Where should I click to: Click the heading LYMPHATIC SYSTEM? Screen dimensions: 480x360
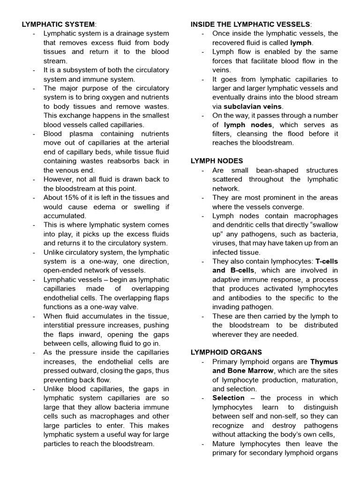pos(58,24)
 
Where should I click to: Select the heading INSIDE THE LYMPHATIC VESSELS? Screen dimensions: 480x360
pos(250,24)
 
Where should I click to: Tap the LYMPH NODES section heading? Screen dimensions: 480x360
pos(216,161)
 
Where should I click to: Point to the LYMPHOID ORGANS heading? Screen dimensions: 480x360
pos(226,352)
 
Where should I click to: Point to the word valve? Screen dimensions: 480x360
pos(128,307)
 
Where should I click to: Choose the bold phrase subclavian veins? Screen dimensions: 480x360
pos(253,106)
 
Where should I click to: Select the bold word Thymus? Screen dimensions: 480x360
pos(324,362)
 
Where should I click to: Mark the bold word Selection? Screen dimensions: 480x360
pos(228,398)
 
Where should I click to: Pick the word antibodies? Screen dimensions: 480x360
pos(244,298)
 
